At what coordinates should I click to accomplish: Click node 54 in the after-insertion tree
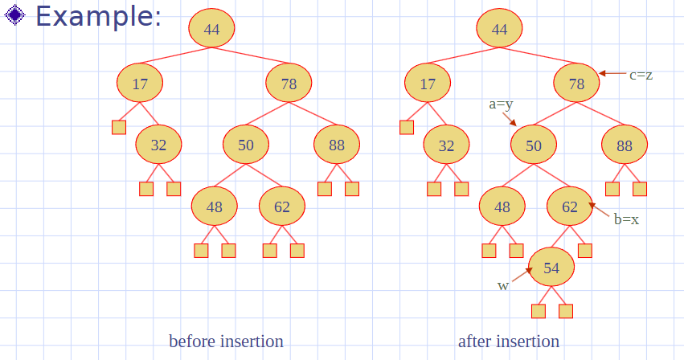551,267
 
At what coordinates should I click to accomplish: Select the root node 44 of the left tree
211,28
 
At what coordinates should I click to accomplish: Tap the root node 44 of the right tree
499,28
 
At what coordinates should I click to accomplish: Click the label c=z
641,75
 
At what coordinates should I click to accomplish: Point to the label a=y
501,104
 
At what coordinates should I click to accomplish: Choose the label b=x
626,219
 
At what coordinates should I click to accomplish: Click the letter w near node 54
503,286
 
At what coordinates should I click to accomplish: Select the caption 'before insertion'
226,342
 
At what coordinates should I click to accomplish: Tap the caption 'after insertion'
509,342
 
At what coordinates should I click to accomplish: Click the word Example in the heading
98,16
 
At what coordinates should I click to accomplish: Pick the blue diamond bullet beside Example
14,14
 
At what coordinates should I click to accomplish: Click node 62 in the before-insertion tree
282,206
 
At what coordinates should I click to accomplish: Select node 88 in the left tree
337,145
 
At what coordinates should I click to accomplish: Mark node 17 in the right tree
428,83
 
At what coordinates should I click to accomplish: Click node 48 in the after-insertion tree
502,206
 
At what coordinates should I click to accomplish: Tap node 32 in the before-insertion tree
158,145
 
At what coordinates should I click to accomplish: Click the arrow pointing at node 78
612,74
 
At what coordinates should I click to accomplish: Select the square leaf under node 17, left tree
119,128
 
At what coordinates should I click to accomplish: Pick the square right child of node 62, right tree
585,251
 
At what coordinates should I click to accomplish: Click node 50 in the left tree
246,145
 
